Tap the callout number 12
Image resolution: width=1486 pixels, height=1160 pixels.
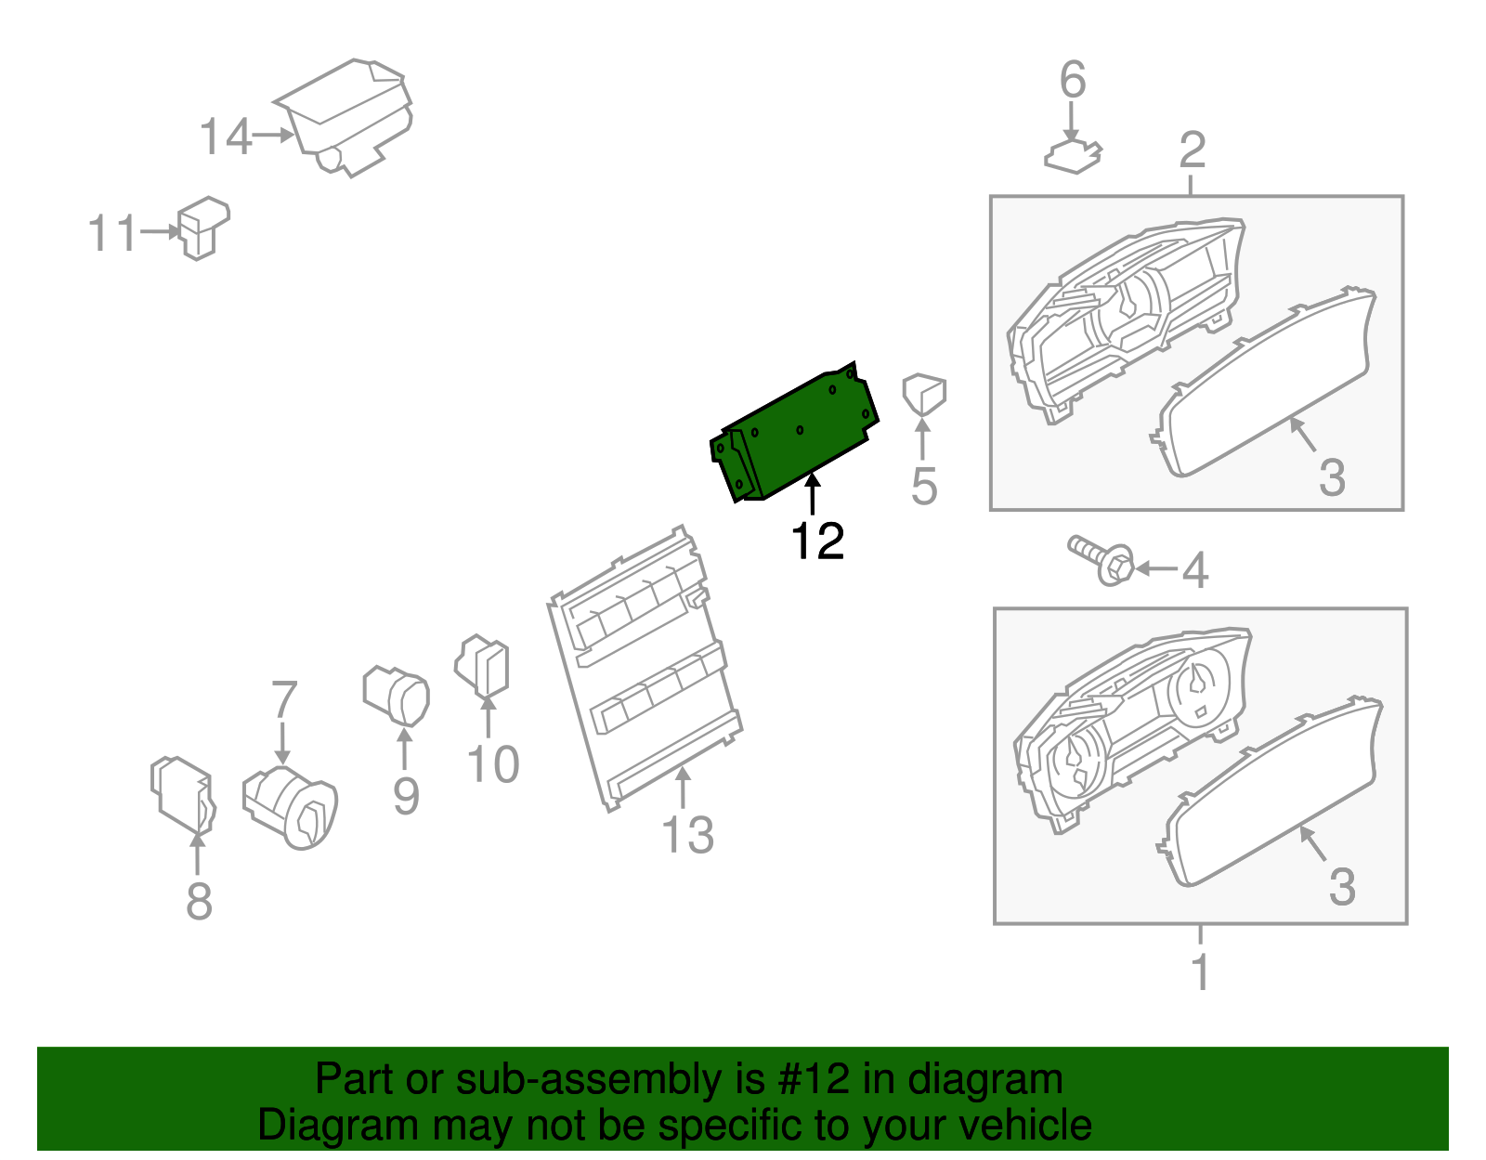tap(817, 541)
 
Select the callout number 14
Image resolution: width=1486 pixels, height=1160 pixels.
tap(225, 137)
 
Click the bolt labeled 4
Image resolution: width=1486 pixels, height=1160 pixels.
tap(1101, 559)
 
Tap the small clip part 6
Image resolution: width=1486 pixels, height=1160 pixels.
tap(1073, 156)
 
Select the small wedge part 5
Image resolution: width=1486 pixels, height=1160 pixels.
tap(923, 393)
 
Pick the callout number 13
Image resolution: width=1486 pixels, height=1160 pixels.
tap(687, 834)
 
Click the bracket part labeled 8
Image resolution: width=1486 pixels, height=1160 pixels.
tap(182, 795)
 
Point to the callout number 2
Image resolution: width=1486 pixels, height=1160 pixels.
tap(1193, 150)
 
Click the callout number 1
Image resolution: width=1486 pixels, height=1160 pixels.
tap(1200, 971)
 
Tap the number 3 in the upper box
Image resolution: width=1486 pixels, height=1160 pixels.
tap(1332, 477)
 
